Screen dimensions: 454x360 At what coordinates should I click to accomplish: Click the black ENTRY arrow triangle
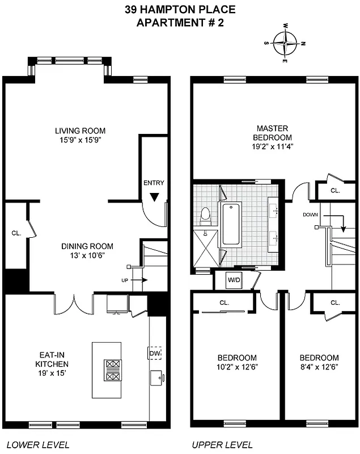(x=154, y=197)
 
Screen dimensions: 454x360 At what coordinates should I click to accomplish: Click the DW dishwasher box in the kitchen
(x=155, y=354)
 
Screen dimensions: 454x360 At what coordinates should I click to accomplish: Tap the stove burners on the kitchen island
(x=111, y=371)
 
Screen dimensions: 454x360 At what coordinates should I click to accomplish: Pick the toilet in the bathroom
(x=205, y=216)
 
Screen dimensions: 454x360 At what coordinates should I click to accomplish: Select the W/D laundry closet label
(x=233, y=280)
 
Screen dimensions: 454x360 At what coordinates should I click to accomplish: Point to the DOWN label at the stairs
(x=311, y=215)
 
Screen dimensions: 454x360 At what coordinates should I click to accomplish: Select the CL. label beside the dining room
(x=16, y=233)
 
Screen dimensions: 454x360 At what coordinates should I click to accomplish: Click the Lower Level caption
(x=37, y=444)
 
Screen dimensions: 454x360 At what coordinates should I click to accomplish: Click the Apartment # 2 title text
(x=180, y=23)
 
